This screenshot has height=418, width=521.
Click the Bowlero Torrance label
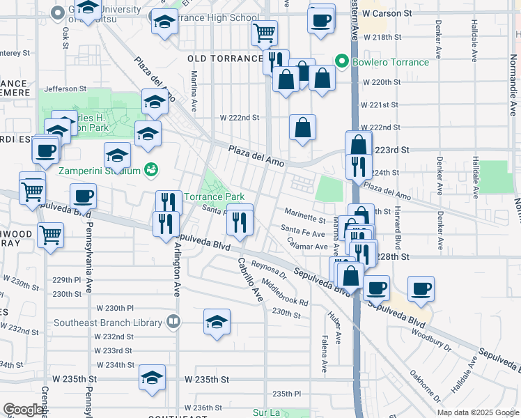389,62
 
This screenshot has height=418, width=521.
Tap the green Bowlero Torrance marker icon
341,62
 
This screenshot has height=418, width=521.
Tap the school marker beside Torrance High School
165,23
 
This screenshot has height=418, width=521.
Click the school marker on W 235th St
152,377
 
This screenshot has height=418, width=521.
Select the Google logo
24,409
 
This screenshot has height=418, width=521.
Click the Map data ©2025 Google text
477,412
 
